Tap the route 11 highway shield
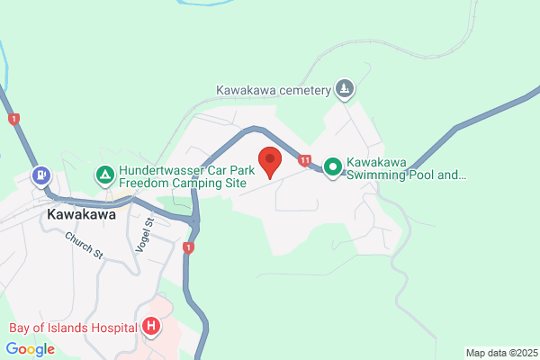pyautogui.click(x=306, y=160)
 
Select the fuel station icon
pyautogui.click(x=40, y=175)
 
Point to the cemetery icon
pyautogui.click(x=344, y=89)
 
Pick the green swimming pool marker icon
pyautogui.click(x=332, y=166)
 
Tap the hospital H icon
pyautogui.click(x=151, y=327)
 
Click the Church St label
pyautogui.click(x=85, y=244)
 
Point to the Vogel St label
pyautogui.click(x=150, y=227)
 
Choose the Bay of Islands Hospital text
pyautogui.click(x=72, y=327)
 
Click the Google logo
pyautogui.click(x=30, y=348)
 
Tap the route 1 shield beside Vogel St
pyautogui.click(x=188, y=247)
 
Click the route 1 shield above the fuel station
pyautogui.click(x=13, y=119)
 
